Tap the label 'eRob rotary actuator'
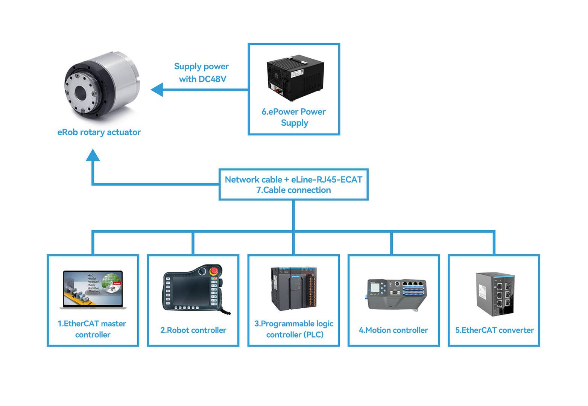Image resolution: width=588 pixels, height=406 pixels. (x=99, y=132)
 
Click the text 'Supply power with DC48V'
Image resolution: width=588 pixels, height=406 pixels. (x=202, y=73)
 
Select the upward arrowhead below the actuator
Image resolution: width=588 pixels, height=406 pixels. (x=93, y=155)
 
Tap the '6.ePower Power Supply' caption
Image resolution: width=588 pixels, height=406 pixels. (x=294, y=117)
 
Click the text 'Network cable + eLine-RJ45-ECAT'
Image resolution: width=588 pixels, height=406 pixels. (x=293, y=179)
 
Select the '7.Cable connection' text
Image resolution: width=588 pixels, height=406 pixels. (x=293, y=190)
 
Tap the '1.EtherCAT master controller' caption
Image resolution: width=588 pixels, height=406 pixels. (x=92, y=329)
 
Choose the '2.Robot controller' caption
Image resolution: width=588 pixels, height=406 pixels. (x=193, y=330)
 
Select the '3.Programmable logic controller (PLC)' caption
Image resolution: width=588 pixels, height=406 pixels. (x=294, y=329)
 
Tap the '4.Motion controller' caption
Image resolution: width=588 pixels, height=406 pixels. (x=394, y=330)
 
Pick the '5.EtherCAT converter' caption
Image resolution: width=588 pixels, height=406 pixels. (x=494, y=330)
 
